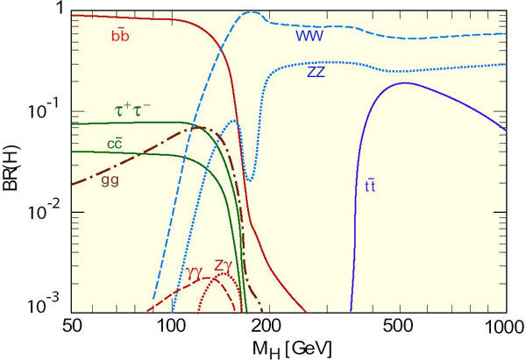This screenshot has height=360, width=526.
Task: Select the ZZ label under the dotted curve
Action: click(x=318, y=73)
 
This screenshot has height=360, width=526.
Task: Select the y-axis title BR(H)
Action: click(x=12, y=163)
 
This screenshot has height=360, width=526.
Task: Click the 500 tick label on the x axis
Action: click(x=404, y=326)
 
